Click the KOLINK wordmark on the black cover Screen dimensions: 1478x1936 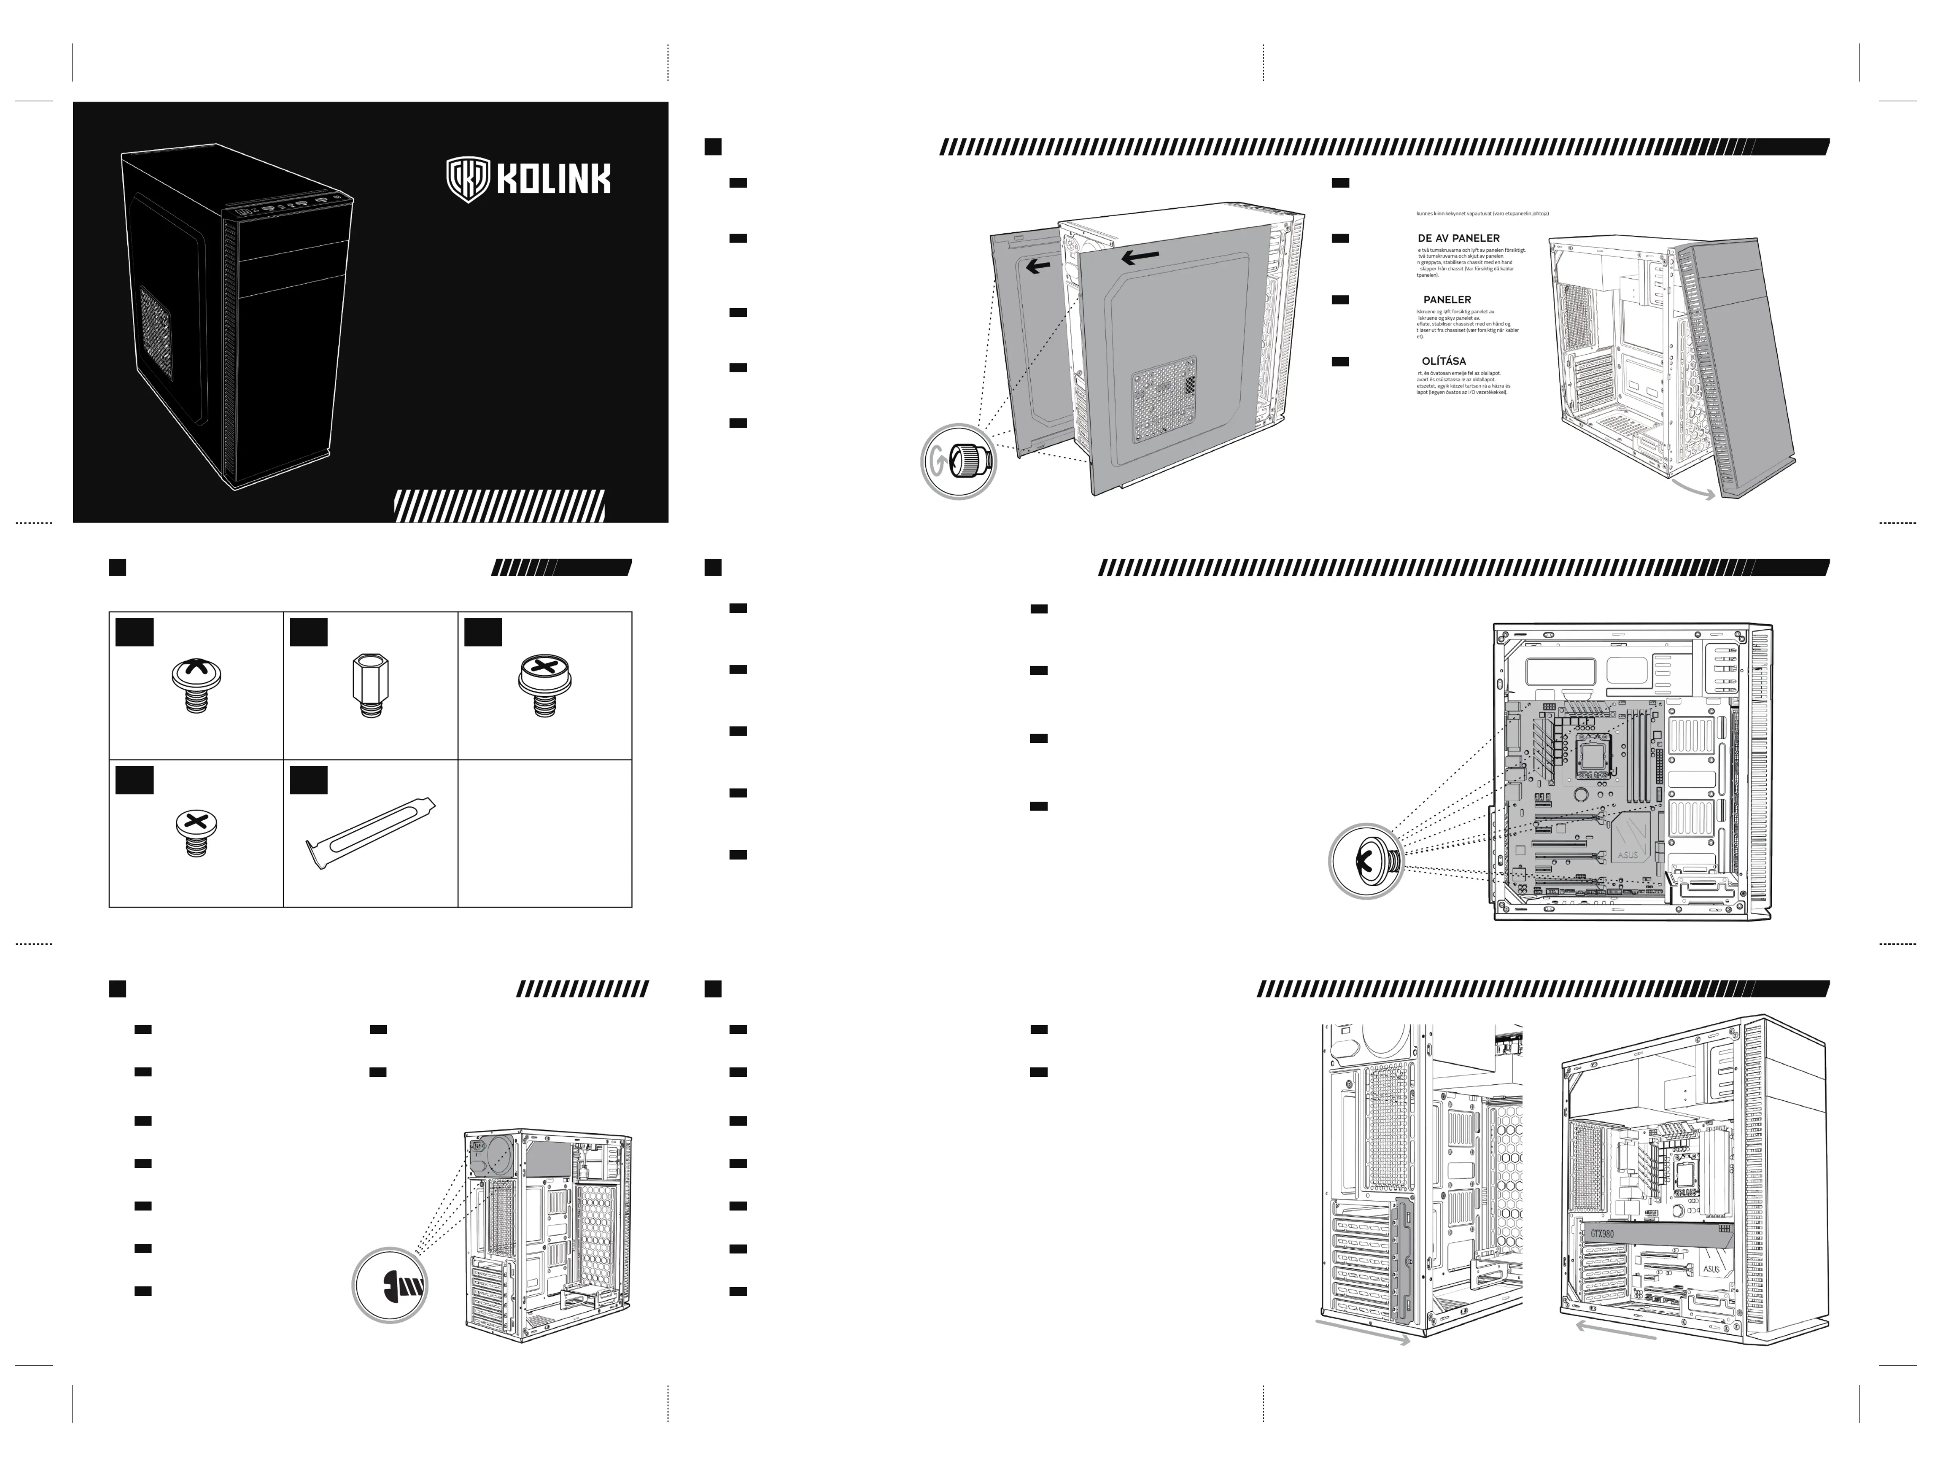click(553, 179)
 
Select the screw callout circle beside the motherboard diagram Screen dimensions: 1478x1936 click(1366, 861)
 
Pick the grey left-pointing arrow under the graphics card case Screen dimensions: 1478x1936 click(1615, 1329)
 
